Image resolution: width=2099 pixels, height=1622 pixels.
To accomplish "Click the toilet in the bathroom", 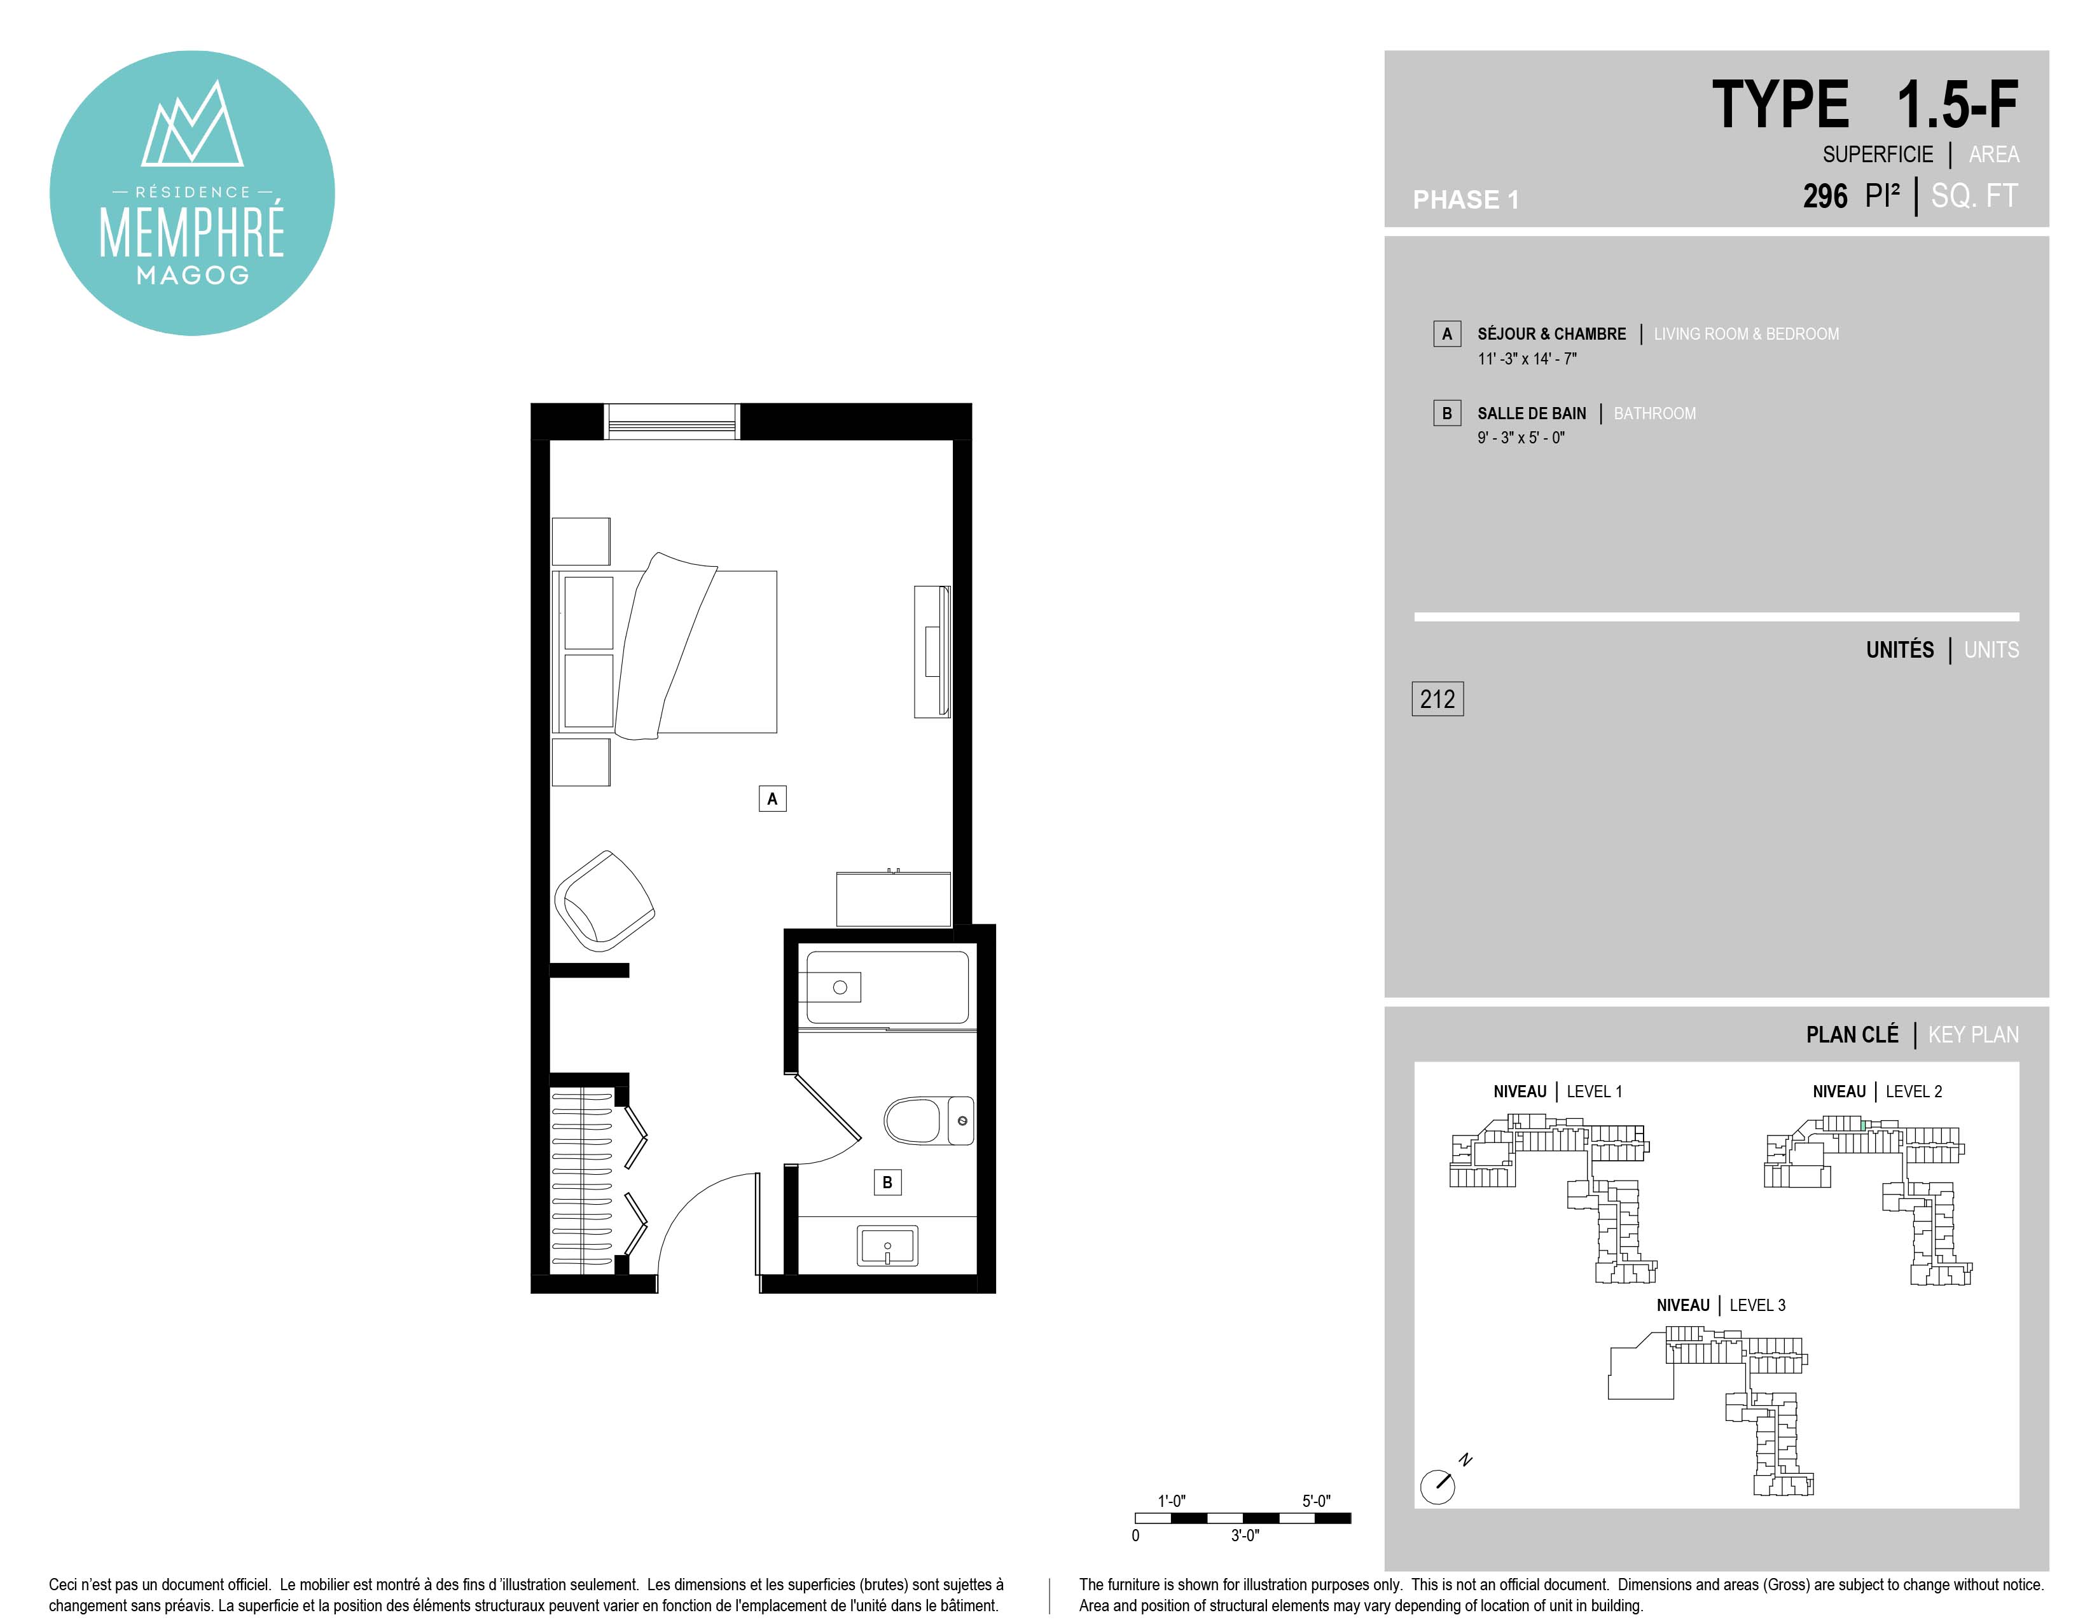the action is [x=929, y=1120].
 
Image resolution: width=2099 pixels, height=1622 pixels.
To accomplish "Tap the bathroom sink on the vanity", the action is [x=887, y=1246].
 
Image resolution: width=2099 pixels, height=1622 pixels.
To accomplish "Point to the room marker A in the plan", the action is [x=772, y=798].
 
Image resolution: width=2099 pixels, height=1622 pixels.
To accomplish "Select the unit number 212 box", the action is [x=1437, y=698].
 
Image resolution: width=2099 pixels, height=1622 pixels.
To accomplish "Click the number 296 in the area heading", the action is [x=1824, y=196].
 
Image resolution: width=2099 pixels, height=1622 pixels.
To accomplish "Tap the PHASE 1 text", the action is [x=1465, y=200].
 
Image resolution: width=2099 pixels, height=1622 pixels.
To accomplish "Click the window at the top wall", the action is [x=672, y=421].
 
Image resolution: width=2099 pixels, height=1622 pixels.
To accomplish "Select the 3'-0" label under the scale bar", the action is [x=1245, y=1535].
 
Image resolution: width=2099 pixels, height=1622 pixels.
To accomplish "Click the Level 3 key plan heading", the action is [x=1721, y=1305].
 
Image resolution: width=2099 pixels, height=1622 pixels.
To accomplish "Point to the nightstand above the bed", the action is [x=581, y=541].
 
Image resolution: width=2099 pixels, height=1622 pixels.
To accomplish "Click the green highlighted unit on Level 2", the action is [x=1862, y=1124].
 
